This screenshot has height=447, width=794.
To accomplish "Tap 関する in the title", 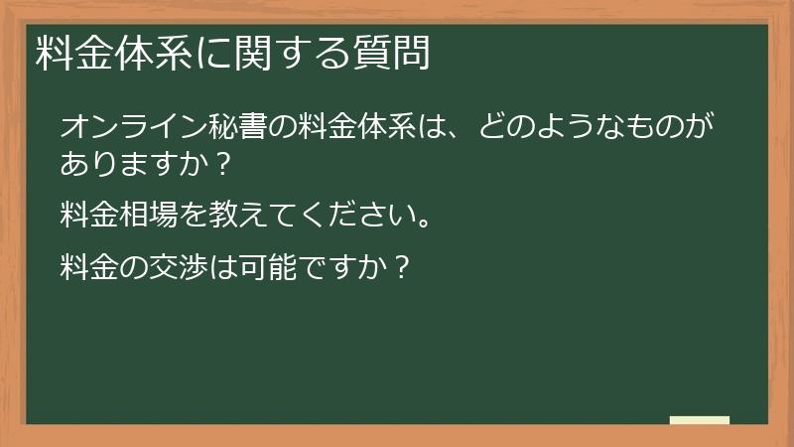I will tap(289, 53).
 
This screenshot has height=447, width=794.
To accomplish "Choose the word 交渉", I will tap(180, 266).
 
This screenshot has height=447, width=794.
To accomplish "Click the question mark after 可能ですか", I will tap(402, 266).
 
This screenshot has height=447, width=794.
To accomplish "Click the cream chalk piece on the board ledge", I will tap(699, 419).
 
